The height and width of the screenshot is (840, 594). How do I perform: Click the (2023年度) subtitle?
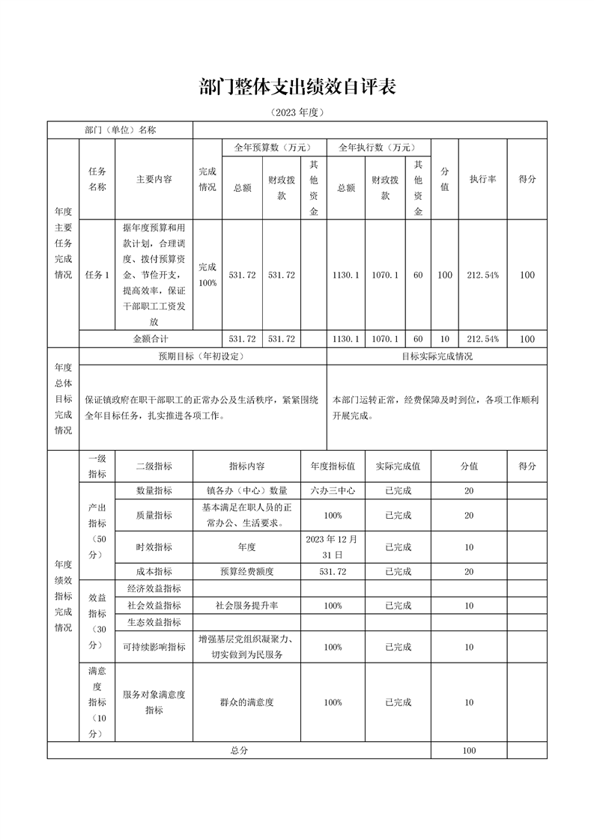[297, 113]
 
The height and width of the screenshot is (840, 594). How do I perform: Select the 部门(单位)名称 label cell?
[120, 130]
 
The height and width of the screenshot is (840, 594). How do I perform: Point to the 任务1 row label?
[97, 275]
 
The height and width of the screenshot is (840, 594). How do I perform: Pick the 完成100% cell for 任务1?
[207, 275]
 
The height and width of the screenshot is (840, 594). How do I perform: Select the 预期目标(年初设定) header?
[201, 356]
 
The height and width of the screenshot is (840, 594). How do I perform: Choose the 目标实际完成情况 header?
[437, 356]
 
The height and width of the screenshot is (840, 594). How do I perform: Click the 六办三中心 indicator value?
[333, 491]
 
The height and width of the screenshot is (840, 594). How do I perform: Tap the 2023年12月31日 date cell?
[333, 547]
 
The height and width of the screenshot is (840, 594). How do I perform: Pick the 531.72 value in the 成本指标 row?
[333, 572]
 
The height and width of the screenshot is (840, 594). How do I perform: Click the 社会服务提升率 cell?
[247, 605]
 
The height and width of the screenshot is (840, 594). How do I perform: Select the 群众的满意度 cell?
[247, 702]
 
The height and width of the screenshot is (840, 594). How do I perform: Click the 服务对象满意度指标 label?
[154, 702]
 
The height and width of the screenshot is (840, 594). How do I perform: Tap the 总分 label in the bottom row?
[240, 750]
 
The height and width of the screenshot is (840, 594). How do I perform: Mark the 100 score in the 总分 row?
[469, 750]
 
